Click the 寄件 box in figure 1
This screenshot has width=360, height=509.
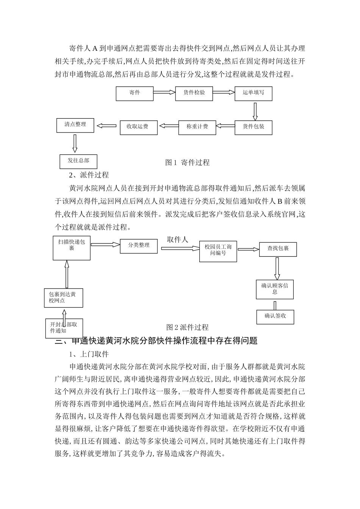[135, 93]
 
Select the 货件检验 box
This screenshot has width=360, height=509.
[194, 93]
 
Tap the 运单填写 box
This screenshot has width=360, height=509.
[254, 93]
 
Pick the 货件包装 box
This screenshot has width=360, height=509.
[254, 127]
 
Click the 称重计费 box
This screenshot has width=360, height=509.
[197, 127]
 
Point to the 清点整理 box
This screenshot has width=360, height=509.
[75, 125]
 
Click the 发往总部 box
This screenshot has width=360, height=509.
[78, 161]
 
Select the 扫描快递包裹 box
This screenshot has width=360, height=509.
[72, 248]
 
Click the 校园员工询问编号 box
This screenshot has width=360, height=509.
[218, 251]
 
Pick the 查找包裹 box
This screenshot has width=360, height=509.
[278, 249]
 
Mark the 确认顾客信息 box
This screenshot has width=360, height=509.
[275, 289]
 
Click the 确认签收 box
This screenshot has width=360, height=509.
[275, 316]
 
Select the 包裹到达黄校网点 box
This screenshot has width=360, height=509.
[64, 297]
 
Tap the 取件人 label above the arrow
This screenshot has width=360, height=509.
[177, 240]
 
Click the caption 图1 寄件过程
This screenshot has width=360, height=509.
[187, 162]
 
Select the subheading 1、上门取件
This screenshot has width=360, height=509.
[89, 354]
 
